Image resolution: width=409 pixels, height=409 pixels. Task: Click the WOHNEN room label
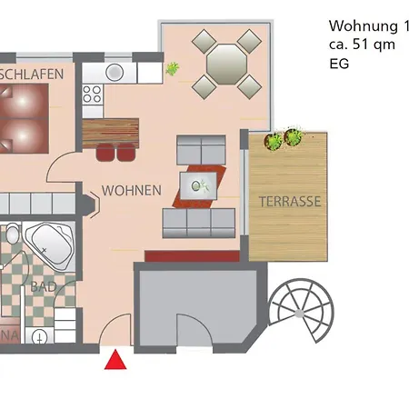tap(132, 191)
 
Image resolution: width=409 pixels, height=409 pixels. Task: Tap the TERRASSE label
tap(290, 202)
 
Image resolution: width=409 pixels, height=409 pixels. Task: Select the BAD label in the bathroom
tap(42, 286)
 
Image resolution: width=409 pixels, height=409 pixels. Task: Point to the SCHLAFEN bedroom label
tap(35, 73)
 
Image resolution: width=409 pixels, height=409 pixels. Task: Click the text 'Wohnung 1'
tap(363, 25)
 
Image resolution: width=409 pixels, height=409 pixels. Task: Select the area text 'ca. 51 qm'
tap(362, 45)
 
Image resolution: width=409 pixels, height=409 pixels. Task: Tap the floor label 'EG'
tap(338, 64)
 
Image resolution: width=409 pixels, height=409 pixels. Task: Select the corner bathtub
tap(48, 244)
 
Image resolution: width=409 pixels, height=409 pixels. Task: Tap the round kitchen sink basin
tap(114, 71)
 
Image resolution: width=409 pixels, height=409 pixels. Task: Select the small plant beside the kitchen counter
tap(172, 68)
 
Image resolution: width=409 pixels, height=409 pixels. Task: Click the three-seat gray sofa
tap(199, 219)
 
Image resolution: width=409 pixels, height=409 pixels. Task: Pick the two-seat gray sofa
tap(201, 148)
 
